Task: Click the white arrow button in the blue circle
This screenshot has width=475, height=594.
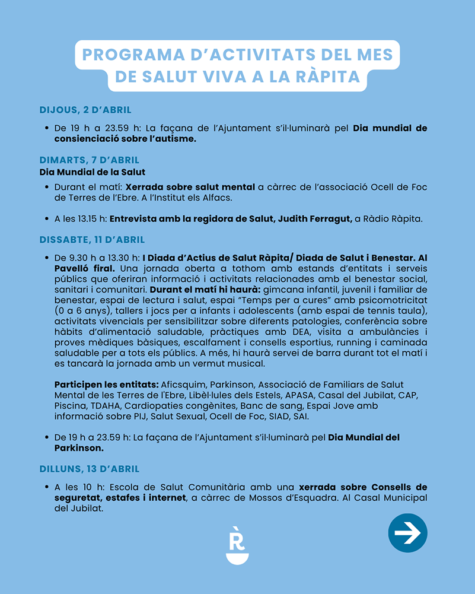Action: [x=407, y=533]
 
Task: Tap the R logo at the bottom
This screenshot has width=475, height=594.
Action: [x=237, y=545]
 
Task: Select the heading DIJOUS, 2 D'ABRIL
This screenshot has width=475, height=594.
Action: [x=85, y=110]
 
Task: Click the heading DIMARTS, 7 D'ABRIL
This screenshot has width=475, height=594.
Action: [x=90, y=160]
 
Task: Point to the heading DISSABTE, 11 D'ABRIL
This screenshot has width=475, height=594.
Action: [x=92, y=240]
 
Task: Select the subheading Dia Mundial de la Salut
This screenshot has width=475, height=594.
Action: [x=92, y=173]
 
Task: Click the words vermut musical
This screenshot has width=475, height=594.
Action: [x=228, y=363]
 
